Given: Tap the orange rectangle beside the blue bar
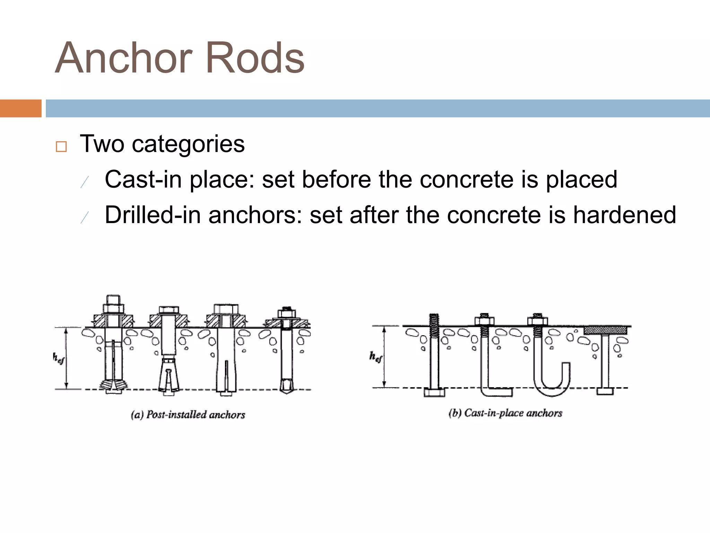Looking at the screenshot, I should [x=20, y=108].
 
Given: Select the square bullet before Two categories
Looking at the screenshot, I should [x=61, y=147].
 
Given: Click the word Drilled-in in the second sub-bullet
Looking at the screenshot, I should [x=153, y=215].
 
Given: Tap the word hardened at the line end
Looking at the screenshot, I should [x=624, y=215].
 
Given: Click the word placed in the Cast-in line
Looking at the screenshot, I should [x=581, y=180].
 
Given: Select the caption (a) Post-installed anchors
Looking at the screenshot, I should [x=188, y=415].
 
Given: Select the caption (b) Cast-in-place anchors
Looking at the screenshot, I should [x=505, y=413].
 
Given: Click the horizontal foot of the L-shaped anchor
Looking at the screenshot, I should [x=499, y=392].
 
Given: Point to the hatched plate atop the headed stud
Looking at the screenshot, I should [x=605, y=330].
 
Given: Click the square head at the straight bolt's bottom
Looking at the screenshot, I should [x=434, y=392].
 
